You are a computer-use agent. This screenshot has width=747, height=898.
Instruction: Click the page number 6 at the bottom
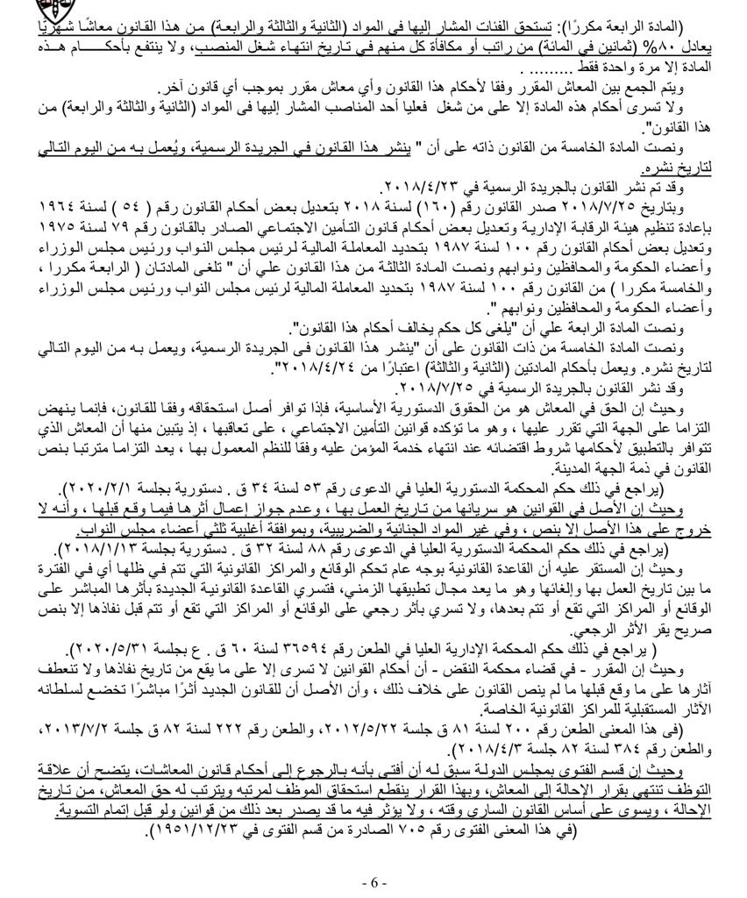point(373,881)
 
